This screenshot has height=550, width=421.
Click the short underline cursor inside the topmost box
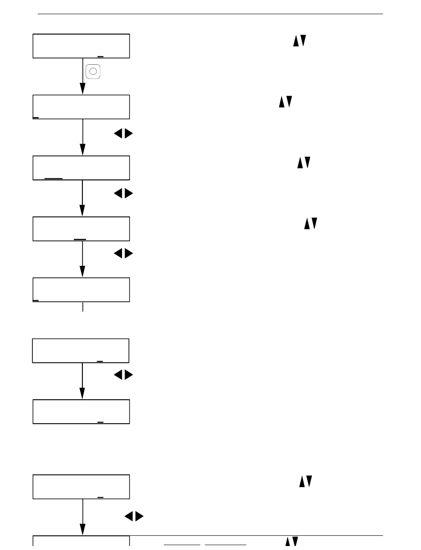[100, 57]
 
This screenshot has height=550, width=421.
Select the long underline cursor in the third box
[54, 178]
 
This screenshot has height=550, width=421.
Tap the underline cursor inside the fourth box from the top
[80, 239]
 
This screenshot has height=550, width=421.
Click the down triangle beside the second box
[289, 101]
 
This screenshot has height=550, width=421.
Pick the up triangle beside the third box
[300, 163]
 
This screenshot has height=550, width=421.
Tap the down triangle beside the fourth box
[314, 224]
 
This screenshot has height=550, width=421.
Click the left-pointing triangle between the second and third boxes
[118, 133]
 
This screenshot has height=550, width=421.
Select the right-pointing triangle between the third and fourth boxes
[129, 194]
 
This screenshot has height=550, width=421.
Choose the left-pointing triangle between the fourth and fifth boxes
[118, 254]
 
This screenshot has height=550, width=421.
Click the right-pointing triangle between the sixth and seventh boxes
[129, 375]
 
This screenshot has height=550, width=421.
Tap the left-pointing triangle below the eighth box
[129, 516]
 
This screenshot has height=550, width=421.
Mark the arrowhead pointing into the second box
[82, 89]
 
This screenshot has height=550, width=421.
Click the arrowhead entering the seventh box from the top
[82, 393]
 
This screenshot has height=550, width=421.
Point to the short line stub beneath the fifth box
[83, 307]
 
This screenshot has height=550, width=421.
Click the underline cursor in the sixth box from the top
[100, 361]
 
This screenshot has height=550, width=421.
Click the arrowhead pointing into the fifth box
[82, 271]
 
